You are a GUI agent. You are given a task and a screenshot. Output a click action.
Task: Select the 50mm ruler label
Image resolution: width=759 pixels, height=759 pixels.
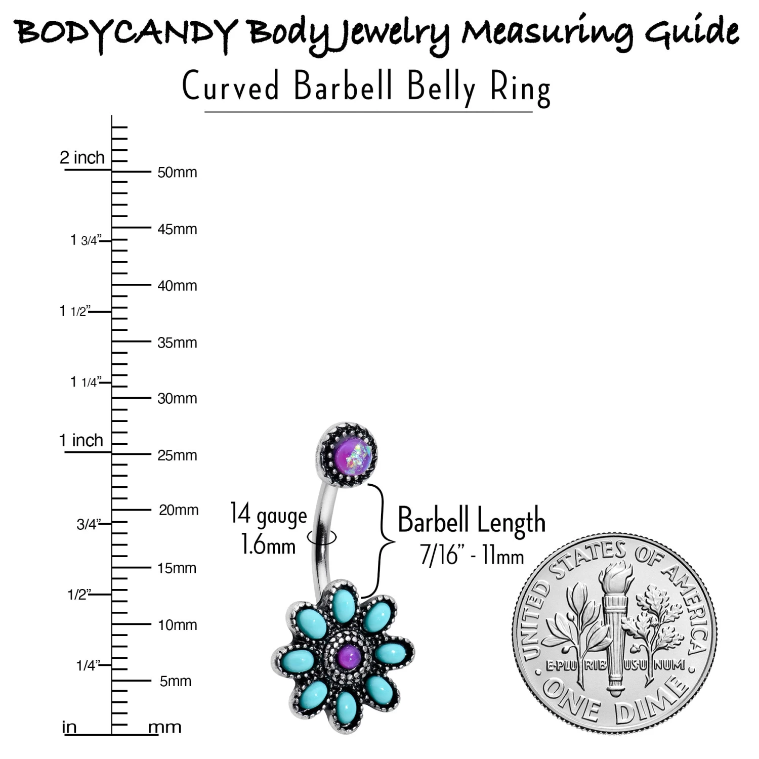pyautogui.click(x=177, y=173)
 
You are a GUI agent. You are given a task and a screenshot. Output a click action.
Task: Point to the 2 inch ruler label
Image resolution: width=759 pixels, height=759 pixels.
pyautogui.click(x=82, y=158)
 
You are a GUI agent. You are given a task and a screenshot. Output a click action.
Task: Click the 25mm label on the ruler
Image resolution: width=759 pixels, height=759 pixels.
pyautogui.click(x=177, y=455)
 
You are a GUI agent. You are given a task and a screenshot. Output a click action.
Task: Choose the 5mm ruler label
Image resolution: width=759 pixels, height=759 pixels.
pyautogui.click(x=175, y=682)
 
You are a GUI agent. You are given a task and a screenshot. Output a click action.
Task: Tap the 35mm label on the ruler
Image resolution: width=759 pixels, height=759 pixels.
pyautogui.click(x=177, y=343)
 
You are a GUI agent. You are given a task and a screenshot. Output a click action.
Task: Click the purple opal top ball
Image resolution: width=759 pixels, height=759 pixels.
pyautogui.click(x=349, y=455)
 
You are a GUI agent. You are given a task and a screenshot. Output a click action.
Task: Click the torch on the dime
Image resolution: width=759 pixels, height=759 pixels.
pyautogui.click(x=615, y=632)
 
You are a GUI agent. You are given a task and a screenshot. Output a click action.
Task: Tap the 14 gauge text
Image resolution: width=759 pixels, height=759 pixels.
pyautogui.click(x=268, y=514)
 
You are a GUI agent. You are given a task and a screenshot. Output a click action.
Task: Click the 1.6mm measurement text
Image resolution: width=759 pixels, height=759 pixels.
pyautogui.click(x=268, y=545)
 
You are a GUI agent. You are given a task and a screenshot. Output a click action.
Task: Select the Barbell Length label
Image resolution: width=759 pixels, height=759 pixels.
pyautogui.click(x=472, y=520)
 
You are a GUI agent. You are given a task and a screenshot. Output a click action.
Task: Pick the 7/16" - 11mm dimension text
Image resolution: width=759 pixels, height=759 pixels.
pyautogui.click(x=472, y=556)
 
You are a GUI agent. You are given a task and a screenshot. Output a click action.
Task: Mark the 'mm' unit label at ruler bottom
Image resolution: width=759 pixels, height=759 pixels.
pyautogui.click(x=164, y=728)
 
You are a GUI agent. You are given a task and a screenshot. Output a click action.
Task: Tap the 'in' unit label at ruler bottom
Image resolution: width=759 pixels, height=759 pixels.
pyautogui.click(x=69, y=728)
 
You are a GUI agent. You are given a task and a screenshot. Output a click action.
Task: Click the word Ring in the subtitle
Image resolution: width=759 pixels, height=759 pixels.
pyautogui.click(x=520, y=88)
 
